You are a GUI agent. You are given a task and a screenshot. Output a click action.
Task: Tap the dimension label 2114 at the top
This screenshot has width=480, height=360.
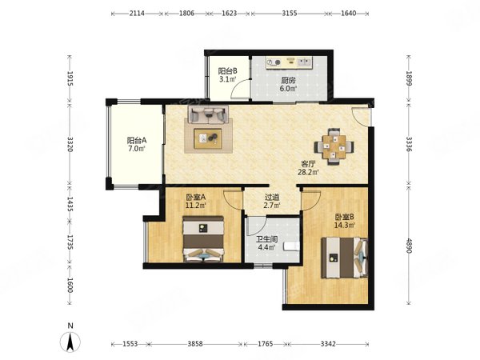click(x=137, y=14)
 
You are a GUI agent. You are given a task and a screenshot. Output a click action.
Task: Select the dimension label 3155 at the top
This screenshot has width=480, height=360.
click(x=290, y=14)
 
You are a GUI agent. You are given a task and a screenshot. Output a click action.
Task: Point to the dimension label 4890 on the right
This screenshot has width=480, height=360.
click(x=409, y=244)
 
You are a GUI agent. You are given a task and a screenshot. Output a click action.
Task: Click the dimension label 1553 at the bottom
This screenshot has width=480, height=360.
click(x=130, y=344)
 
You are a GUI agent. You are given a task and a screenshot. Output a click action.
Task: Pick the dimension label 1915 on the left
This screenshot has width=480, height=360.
click(x=70, y=79)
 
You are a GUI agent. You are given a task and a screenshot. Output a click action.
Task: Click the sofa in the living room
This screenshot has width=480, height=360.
click(x=208, y=114)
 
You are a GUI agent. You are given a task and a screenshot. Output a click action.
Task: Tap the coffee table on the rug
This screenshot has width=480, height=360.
click(x=208, y=138)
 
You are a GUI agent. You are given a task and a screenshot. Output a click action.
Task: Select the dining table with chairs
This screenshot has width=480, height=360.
click(x=334, y=147)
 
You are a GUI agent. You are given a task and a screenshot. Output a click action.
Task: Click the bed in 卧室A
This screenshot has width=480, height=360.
click(x=203, y=239)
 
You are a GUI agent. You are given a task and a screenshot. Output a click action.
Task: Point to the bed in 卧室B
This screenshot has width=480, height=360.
click(x=344, y=258)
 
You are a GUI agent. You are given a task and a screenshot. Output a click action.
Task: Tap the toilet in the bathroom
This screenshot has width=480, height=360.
click(x=291, y=246)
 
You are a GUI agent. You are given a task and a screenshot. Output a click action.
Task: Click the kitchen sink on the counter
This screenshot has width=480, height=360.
click(x=304, y=62)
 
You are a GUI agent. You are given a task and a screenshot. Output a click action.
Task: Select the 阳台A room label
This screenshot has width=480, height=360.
click(x=137, y=141)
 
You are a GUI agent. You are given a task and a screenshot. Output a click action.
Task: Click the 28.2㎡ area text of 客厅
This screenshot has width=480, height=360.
click(x=308, y=172)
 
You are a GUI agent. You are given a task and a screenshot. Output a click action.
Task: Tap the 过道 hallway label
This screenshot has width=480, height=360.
click(x=272, y=198)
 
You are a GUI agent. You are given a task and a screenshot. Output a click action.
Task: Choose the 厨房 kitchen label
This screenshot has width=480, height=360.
click(x=288, y=81)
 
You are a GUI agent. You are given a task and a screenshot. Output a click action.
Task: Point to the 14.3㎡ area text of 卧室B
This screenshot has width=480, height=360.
click(x=344, y=226)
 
